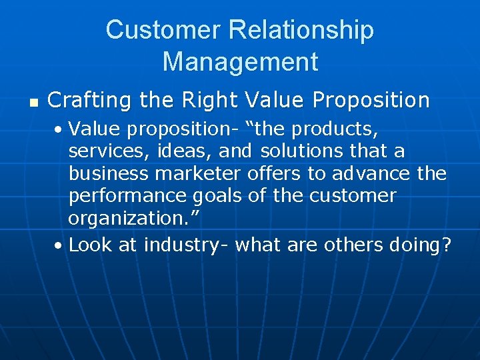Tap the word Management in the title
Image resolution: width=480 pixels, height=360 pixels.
(240, 62)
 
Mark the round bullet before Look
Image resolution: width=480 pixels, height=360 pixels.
(59, 246)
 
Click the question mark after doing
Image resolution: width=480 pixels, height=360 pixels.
(445, 245)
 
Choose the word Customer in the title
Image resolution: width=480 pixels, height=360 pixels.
(163, 30)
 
